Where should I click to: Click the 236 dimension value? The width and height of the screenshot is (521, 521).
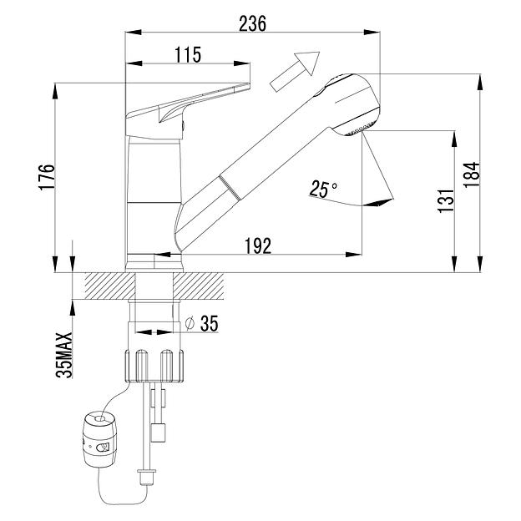(x=252, y=23)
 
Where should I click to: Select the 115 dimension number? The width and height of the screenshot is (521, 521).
(x=188, y=54)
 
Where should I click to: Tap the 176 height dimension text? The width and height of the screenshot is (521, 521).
(x=46, y=177)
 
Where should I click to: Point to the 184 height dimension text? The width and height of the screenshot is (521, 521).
(x=472, y=175)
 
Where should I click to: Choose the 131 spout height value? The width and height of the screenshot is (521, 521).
(x=445, y=200)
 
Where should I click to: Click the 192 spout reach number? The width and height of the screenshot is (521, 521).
(x=258, y=245)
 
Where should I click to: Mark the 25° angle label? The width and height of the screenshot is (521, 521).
(x=323, y=189)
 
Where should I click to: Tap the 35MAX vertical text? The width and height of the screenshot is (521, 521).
(x=64, y=355)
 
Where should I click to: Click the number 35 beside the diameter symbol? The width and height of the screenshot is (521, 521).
(x=210, y=323)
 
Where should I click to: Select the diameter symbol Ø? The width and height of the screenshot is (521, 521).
(x=190, y=323)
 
